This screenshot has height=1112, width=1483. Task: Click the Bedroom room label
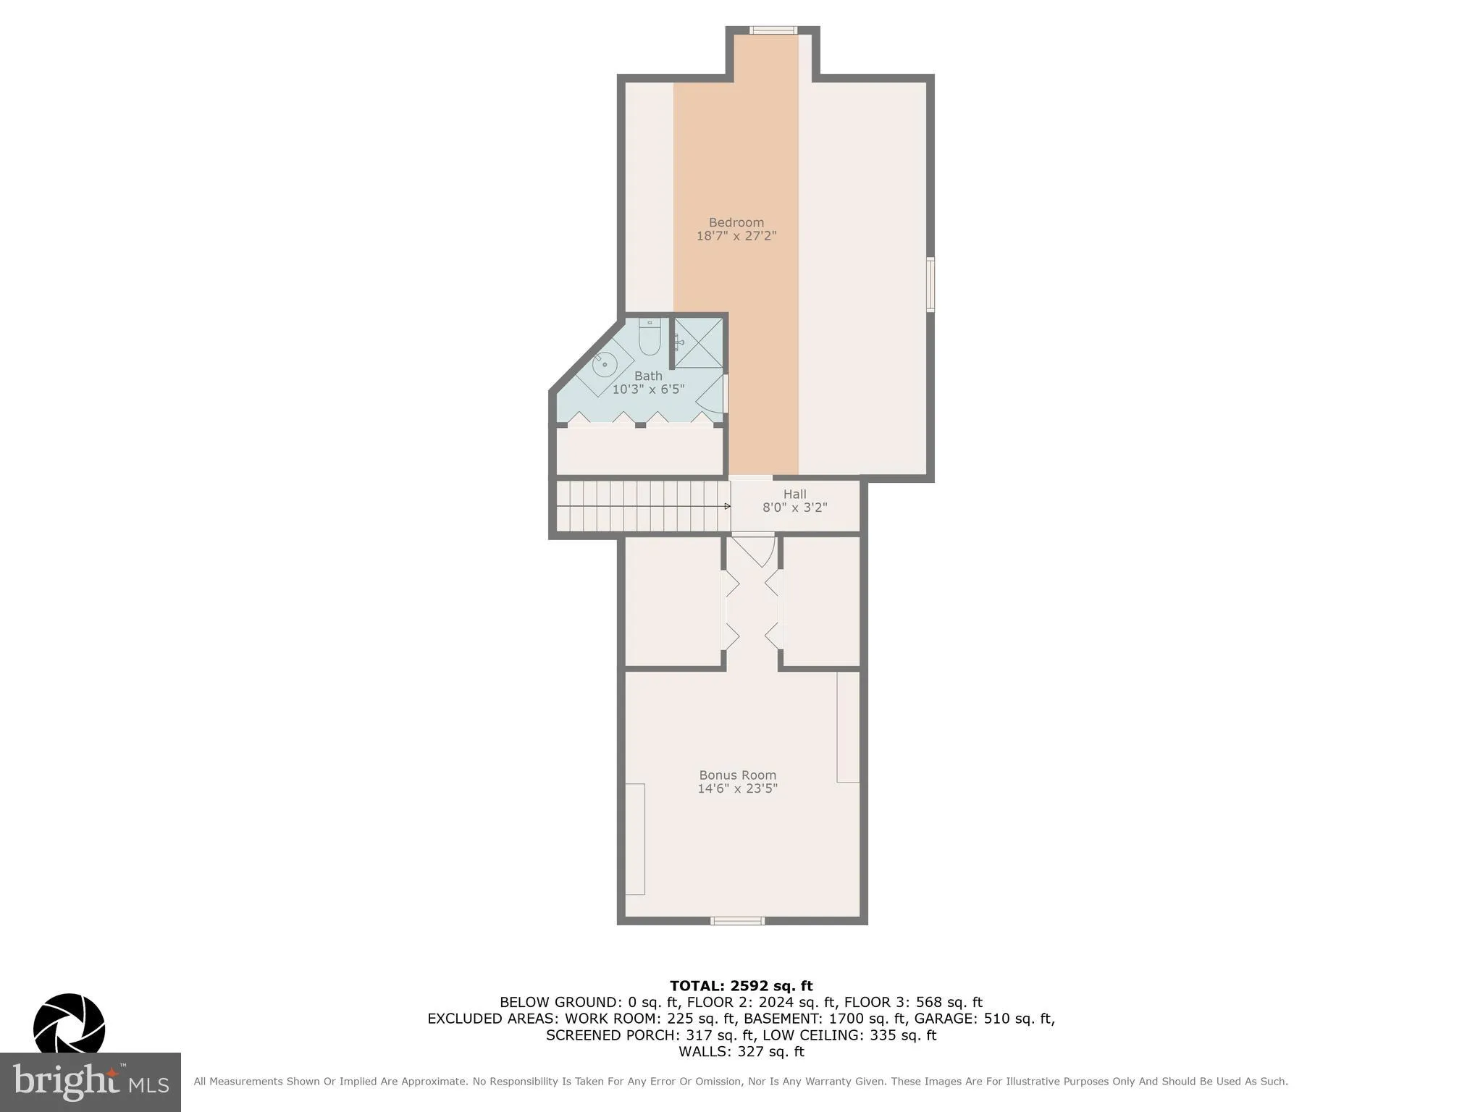pyautogui.click(x=736, y=222)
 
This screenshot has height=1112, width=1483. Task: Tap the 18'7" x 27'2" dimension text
pyautogui.click(x=736, y=236)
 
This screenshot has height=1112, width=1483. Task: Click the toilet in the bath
pyautogui.click(x=650, y=340)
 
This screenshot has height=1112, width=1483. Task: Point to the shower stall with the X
pyautogui.click(x=698, y=342)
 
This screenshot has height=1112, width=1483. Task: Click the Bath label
pyautogui.click(x=648, y=376)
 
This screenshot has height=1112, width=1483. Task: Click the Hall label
pyautogui.click(x=794, y=494)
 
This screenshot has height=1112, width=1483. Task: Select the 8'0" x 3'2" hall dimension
pyautogui.click(x=794, y=507)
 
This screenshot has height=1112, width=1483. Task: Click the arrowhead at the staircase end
pyautogui.click(x=727, y=506)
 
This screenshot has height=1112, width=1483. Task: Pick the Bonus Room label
pyautogui.click(x=737, y=775)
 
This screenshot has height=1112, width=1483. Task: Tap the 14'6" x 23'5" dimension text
pyautogui.click(x=737, y=788)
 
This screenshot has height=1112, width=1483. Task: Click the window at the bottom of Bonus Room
pyautogui.click(x=737, y=921)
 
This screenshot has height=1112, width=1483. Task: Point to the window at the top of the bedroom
pyautogui.click(x=773, y=30)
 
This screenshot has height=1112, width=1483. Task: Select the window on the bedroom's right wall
pyautogui.click(x=930, y=284)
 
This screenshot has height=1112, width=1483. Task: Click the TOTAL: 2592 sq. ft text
pyautogui.click(x=741, y=986)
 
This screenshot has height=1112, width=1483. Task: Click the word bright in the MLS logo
pyautogui.click(x=65, y=1082)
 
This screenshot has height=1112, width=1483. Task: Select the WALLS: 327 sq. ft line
pyautogui.click(x=741, y=1052)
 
